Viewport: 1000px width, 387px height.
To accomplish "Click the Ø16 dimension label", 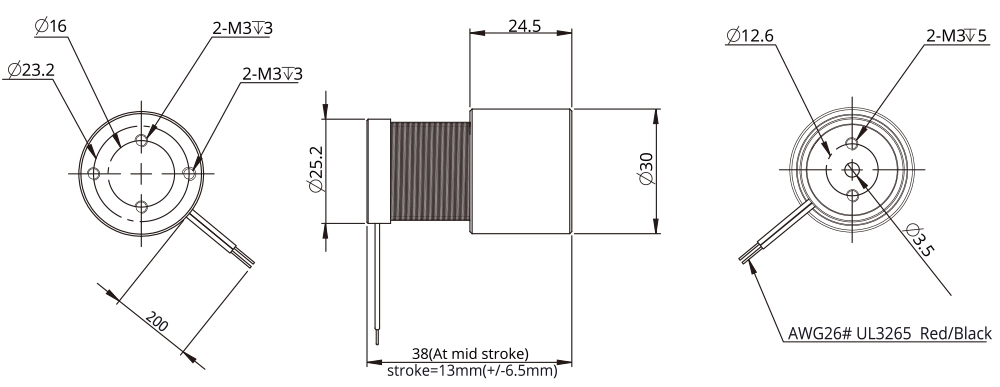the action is (x=51, y=27).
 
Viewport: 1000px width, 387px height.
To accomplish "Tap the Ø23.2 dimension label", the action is (x=31, y=69).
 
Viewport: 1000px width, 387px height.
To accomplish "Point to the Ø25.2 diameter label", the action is (x=316, y=169).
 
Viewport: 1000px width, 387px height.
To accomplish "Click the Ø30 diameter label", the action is (x=647, y=170).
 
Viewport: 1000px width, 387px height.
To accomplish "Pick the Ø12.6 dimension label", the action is (x=750, y=36).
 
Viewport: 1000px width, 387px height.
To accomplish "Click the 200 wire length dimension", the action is (x=156, y=322).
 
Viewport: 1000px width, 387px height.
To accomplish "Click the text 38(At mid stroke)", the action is (x=471, y=353).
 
